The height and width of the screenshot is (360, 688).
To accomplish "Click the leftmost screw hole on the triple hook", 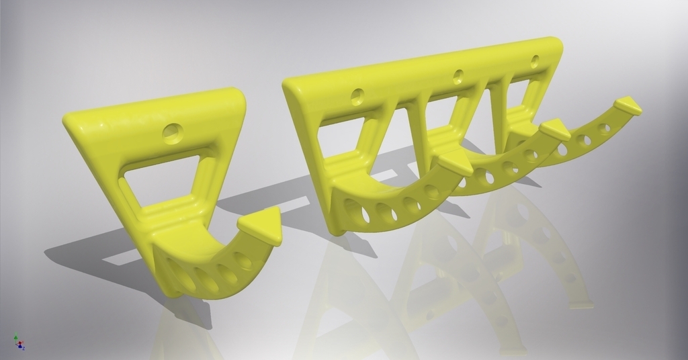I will pyautogui.click(x=357, y=95).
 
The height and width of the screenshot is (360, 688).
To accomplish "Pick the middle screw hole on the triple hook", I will pyautogui.click(x=459, y=75).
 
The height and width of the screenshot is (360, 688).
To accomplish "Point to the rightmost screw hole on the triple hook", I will pyautogui.click(x=535, y=60).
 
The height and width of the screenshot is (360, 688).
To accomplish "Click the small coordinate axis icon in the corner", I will pyautogui.click(x=19, y=343).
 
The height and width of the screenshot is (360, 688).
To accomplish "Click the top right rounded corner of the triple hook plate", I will pyautogui.click(x=554, y=44).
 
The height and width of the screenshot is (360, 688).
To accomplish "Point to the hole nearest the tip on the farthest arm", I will pyautogui.click(x=605, y=128).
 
